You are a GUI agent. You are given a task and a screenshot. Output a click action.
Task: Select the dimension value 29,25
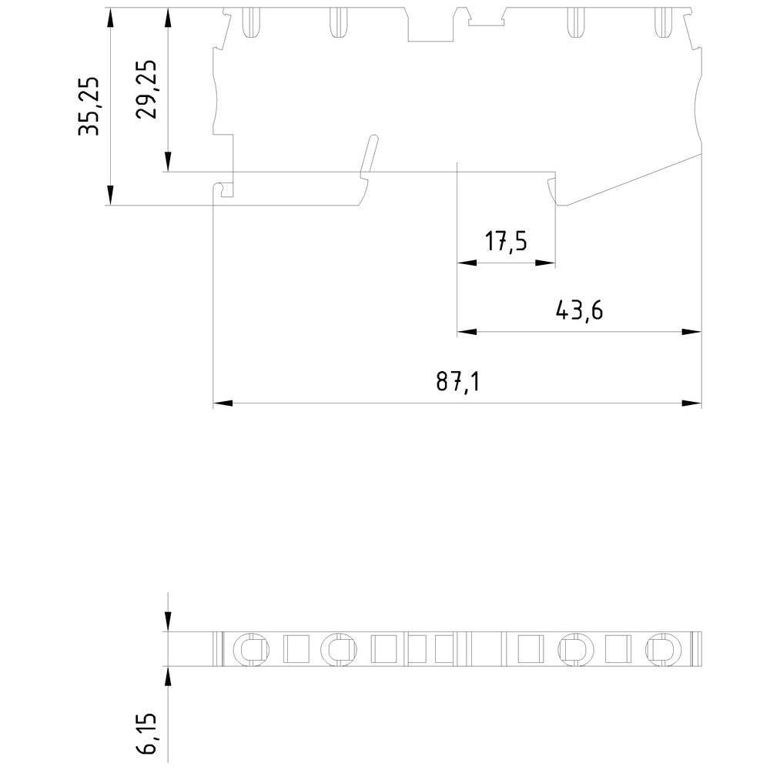[x=146, y=89]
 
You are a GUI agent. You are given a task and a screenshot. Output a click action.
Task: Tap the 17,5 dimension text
[x=506, y=242]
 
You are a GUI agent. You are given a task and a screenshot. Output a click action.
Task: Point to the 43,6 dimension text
[x=579, y=311]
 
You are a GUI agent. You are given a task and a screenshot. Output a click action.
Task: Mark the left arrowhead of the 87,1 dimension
[x=222, y=403]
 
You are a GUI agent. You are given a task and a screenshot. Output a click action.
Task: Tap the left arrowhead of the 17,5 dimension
[x=467, y=263]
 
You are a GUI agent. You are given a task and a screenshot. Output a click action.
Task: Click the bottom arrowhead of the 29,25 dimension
[x=167, y=162]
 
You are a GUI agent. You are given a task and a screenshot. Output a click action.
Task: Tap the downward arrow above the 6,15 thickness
[x=167, y=621]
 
